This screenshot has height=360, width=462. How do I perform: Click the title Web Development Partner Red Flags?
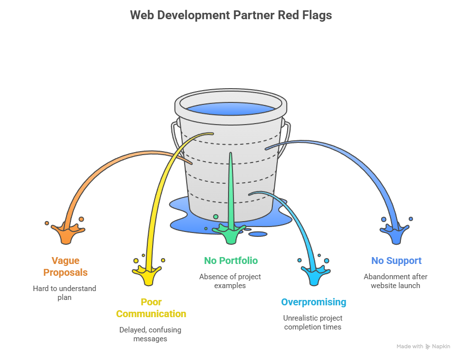231,15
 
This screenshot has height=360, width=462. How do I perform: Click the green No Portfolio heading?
231,261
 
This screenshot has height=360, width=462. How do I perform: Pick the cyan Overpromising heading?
313,302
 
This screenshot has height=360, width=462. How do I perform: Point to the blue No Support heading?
396,261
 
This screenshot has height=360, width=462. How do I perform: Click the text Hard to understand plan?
65,293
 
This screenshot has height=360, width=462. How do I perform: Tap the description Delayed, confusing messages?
150,334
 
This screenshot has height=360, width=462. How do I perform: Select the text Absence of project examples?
230,281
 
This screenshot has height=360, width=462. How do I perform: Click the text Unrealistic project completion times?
313,322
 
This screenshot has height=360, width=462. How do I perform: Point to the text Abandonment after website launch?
396,281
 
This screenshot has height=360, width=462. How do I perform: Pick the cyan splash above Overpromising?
313,274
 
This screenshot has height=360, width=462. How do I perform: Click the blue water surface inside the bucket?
231,109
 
